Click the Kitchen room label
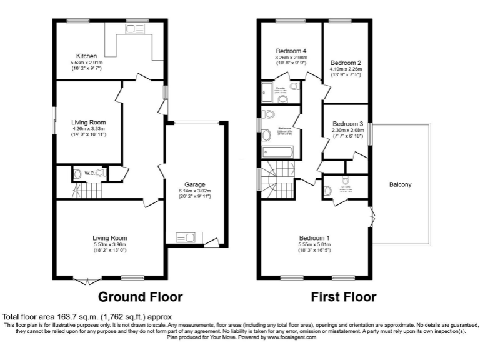[86, 56]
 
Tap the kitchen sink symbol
[134, 28]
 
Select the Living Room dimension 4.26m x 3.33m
[88, 130]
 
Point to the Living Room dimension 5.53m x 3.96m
[109, 245]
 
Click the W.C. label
[89, 173]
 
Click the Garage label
[195, 183]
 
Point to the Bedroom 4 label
[291, 51]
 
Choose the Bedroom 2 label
[346, 63]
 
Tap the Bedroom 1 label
[314, 238]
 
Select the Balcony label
[400, 185]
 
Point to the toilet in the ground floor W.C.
[77, 173]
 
